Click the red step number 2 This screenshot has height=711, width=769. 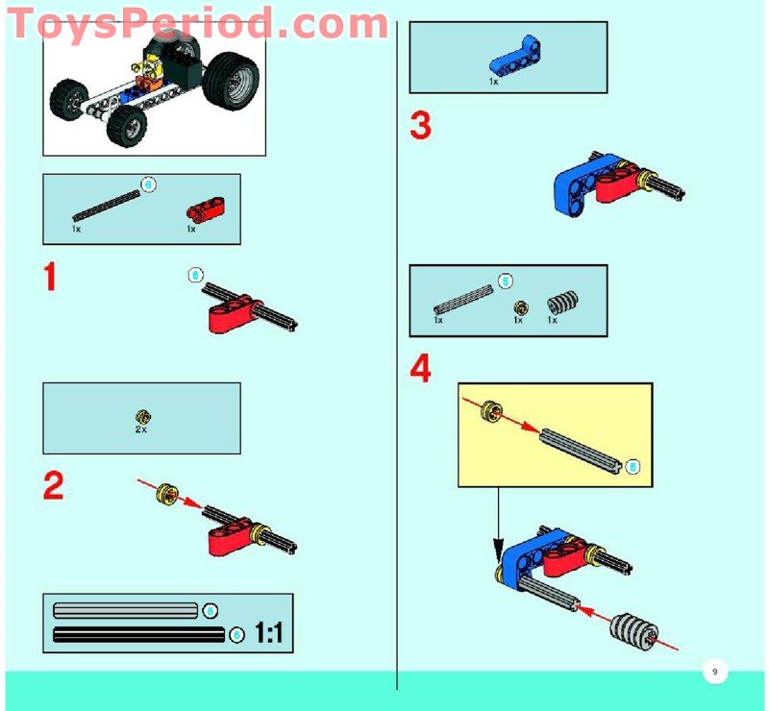click(53, 486)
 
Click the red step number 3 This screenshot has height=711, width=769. click(420, 126)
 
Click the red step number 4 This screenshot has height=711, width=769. click(420, 369)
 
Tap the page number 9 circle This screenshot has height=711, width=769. click(714, 671)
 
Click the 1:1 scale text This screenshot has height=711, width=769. click(268, 634)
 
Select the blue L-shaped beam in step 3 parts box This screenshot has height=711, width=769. click(506, 64)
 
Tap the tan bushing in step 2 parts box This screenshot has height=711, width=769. click(142, 416)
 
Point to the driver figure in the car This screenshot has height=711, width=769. click(150, 72)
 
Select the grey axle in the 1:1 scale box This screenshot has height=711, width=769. click(125, 610)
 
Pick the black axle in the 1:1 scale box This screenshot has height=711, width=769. click(139, 634)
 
